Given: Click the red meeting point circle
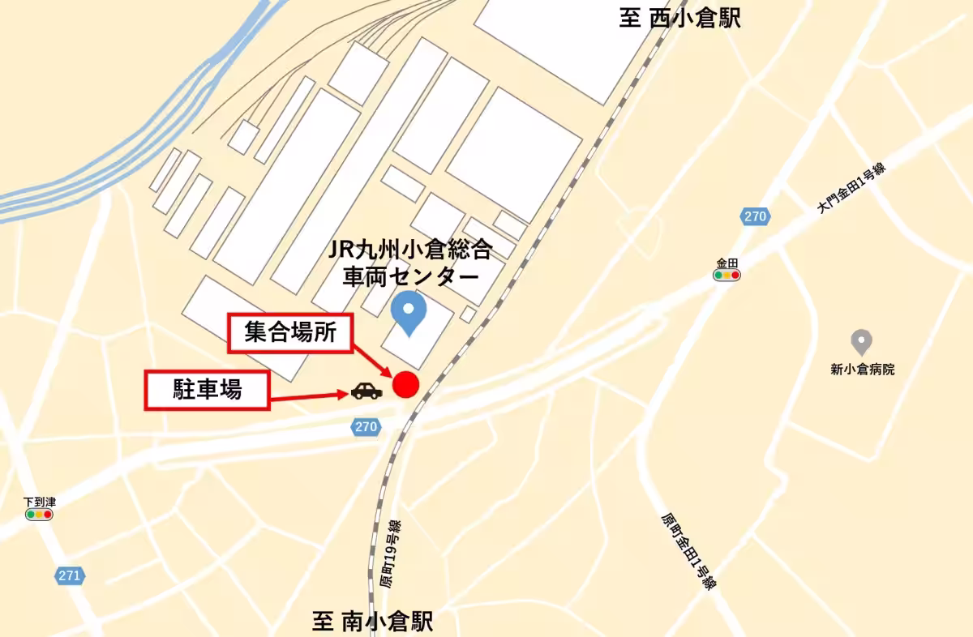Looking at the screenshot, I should pyautogui.click(x=405, y=385).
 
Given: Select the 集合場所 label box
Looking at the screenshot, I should pyautogui.click(x=290, y=332).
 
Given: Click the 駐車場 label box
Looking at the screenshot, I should pyautogui.click(x=207, y=390).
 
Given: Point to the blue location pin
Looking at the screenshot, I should pyautogui.click(x=407, y=314).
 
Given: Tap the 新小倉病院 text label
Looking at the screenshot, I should pyautogui.click(x=862, y=370).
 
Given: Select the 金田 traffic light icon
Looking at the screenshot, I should pyautogui.click(x=727, y=276).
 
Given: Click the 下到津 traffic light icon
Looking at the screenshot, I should pyautogui.click(x=39, y=515).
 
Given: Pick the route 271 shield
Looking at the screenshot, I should pyautogui.click(x=70, y=576).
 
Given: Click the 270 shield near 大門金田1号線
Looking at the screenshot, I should pyautogui.click(x=755, y=216).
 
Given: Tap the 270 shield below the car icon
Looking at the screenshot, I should pyautogui.click(x=366, y=426).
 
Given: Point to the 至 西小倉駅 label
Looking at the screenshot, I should pyautogui.click(x=679, y=18).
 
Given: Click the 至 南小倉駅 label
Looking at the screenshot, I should pyautogui.click(x=373, y=622).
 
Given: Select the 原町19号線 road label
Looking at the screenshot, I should pyautogui.click(x=391, y=554).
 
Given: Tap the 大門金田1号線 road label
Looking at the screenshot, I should pyautogui.click(x=851, y=188).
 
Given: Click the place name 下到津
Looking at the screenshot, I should pyautogui.click(x=40, y=502).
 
